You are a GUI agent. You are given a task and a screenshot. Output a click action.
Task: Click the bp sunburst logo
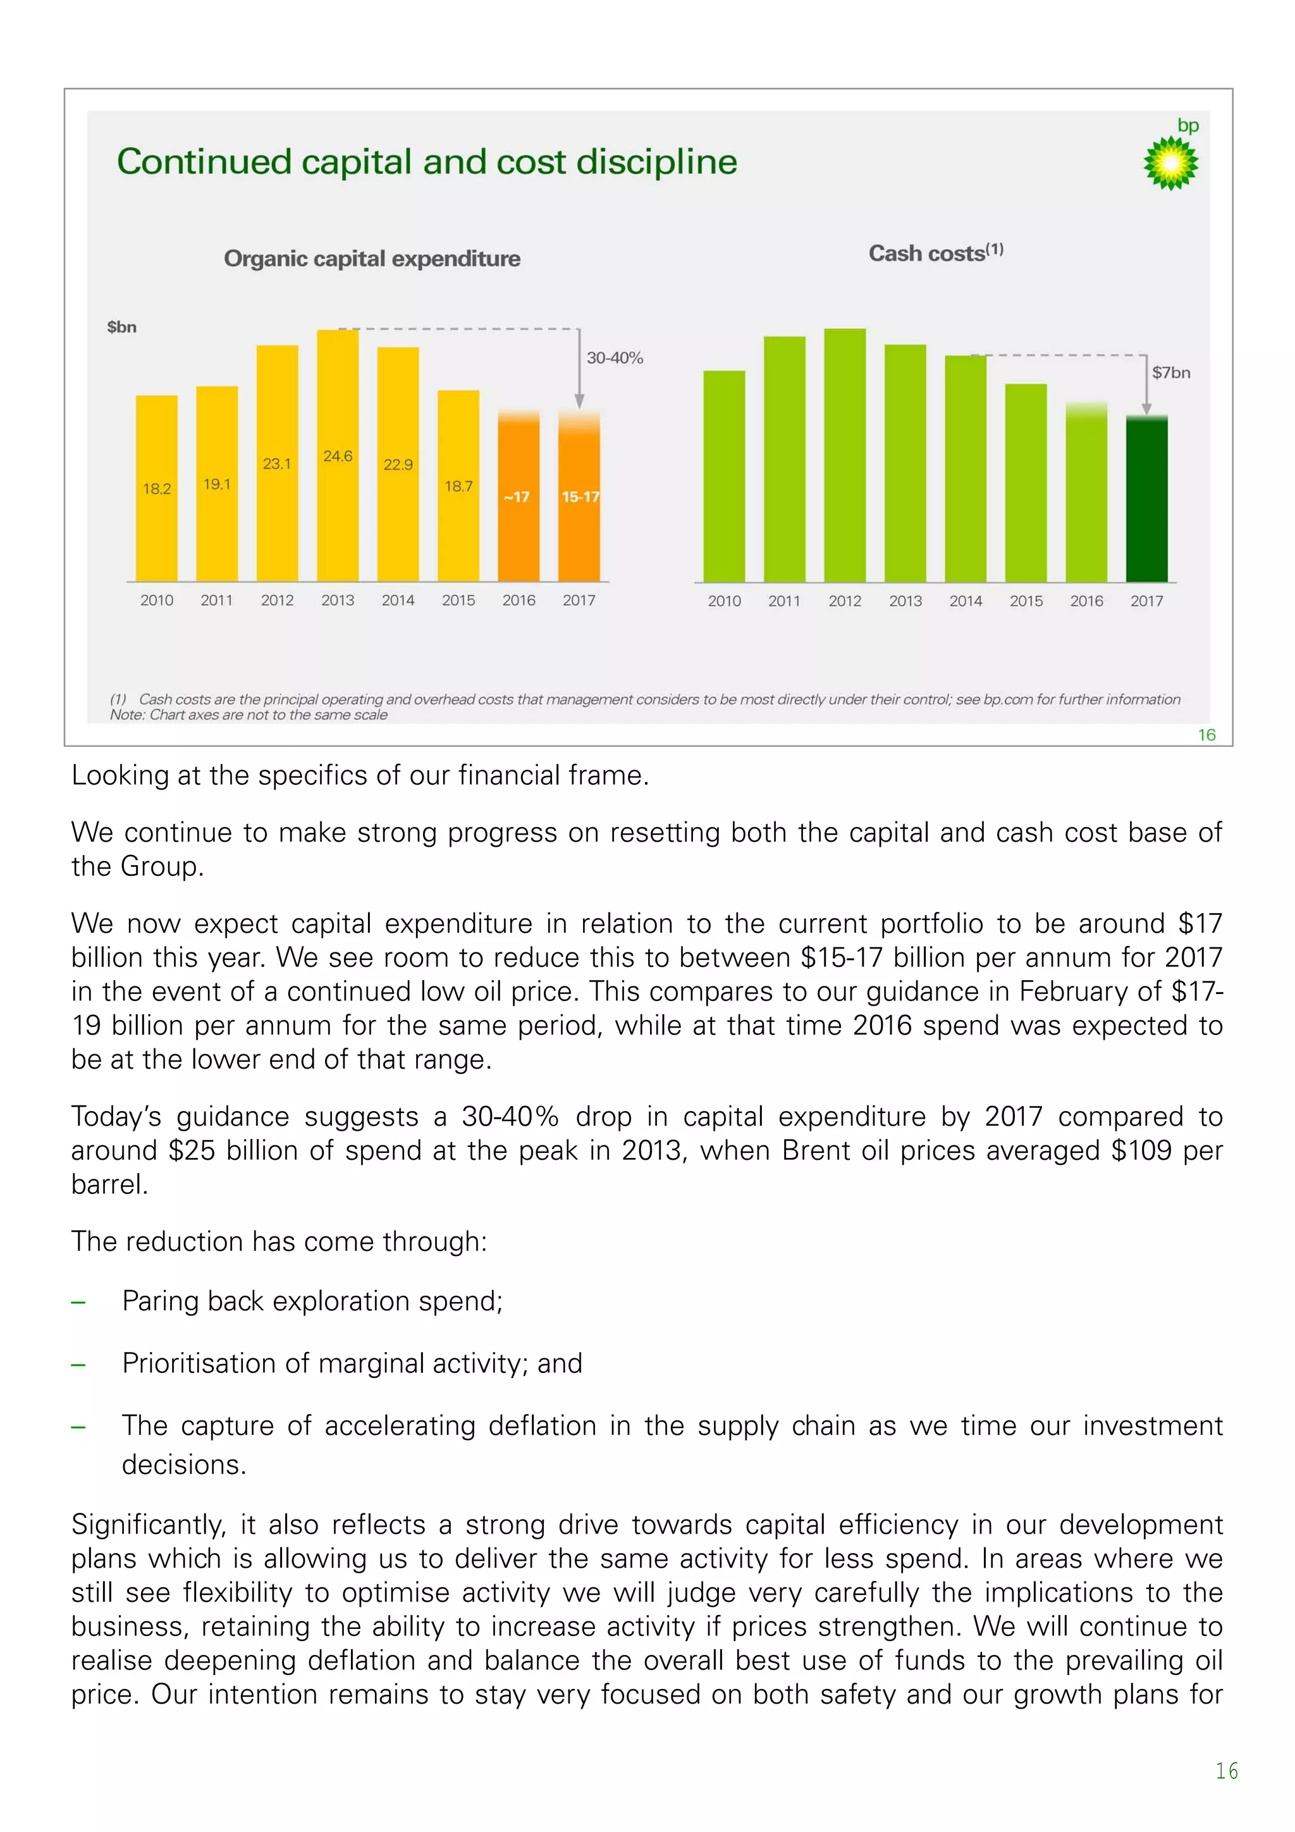click(1170, 163)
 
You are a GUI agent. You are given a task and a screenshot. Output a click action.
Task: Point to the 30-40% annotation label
click(615, 359)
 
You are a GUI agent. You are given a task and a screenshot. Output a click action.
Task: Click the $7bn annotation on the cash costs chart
click(1170, 372)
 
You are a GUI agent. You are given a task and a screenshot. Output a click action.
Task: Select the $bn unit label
click(122, 327)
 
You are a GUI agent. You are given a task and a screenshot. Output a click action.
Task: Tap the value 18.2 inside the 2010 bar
click(156, 488)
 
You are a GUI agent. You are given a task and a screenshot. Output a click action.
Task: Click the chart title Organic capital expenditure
click(372, 259)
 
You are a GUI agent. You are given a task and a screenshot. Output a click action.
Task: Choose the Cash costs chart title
click(935, 253)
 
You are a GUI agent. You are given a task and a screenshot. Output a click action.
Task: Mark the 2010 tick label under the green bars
click(724, 601)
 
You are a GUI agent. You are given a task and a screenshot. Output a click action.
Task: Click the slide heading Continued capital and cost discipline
click(427, 161)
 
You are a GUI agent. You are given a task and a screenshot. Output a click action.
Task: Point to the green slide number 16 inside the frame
click(1206, 735)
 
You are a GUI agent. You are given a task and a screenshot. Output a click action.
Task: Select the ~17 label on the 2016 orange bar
click(517, 497)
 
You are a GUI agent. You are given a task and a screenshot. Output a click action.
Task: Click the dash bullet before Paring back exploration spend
click(78, 1301)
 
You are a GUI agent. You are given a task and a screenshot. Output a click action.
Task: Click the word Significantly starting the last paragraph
click(149, 1524)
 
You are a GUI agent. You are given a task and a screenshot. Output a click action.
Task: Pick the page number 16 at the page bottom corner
click(1226, 1771)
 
